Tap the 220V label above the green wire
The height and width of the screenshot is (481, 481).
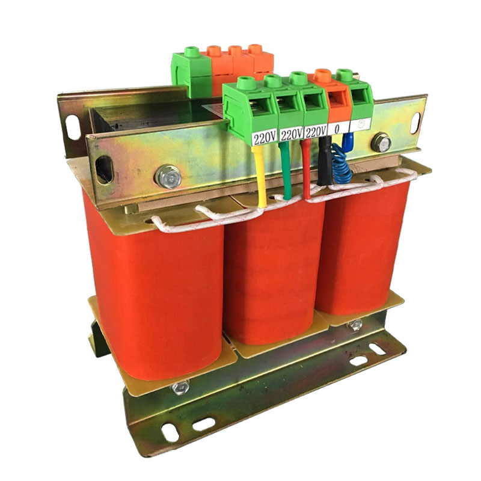pyautogui.click(x=290, y=134)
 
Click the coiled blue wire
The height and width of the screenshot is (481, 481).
pyautogui.click(x=343, y=165)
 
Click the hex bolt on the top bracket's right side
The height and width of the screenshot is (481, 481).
pyautogui.click(x=381, y=143)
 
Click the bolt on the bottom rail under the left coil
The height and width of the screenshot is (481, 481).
pyautogui.click(x=180, y=388)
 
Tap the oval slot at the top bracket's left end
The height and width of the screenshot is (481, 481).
pyautogui.click(x=104, y=168)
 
